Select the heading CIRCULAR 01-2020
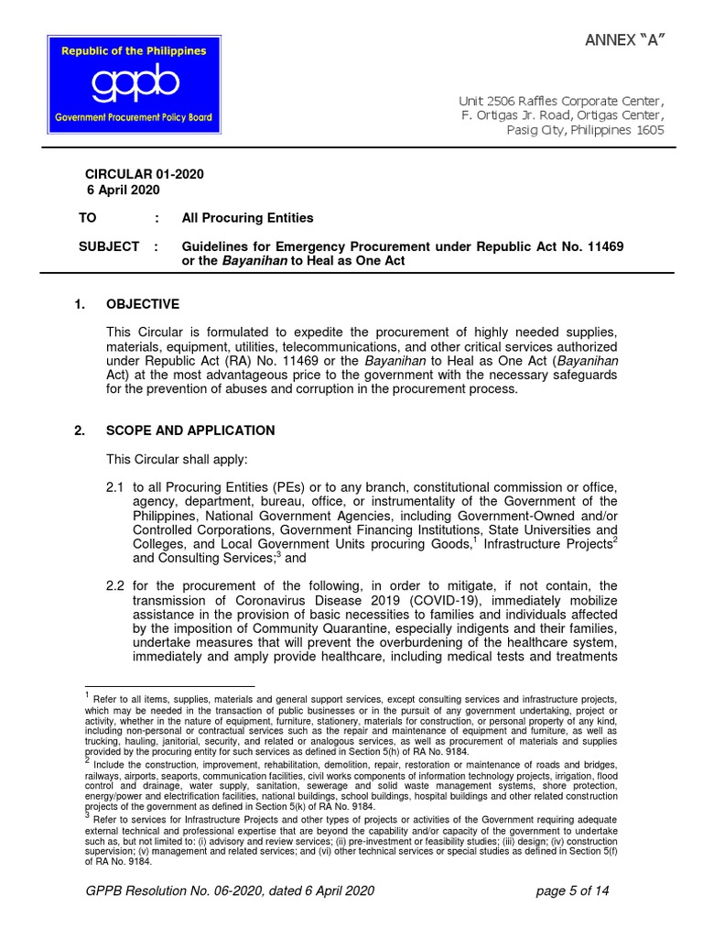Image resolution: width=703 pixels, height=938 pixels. coord(144,174)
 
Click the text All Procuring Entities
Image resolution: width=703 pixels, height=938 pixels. coord(247,218)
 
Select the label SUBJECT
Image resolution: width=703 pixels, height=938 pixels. coord(112,246)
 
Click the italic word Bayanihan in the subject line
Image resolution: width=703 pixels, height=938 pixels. coord(254,261)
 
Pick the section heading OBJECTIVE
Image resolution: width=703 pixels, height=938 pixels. coord(143,304)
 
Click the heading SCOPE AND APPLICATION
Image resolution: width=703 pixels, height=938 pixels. coord(190,431)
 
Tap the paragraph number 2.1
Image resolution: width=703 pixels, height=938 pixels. coord(115,487)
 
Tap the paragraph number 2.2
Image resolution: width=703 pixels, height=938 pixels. coord(115,585)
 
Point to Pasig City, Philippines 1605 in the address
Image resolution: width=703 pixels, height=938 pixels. coord(585,130)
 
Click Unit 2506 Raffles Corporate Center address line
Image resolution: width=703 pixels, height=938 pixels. coord(561,100)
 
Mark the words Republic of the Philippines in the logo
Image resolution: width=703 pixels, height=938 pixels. coord(133,51)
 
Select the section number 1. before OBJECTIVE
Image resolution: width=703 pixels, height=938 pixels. coord(80,304)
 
